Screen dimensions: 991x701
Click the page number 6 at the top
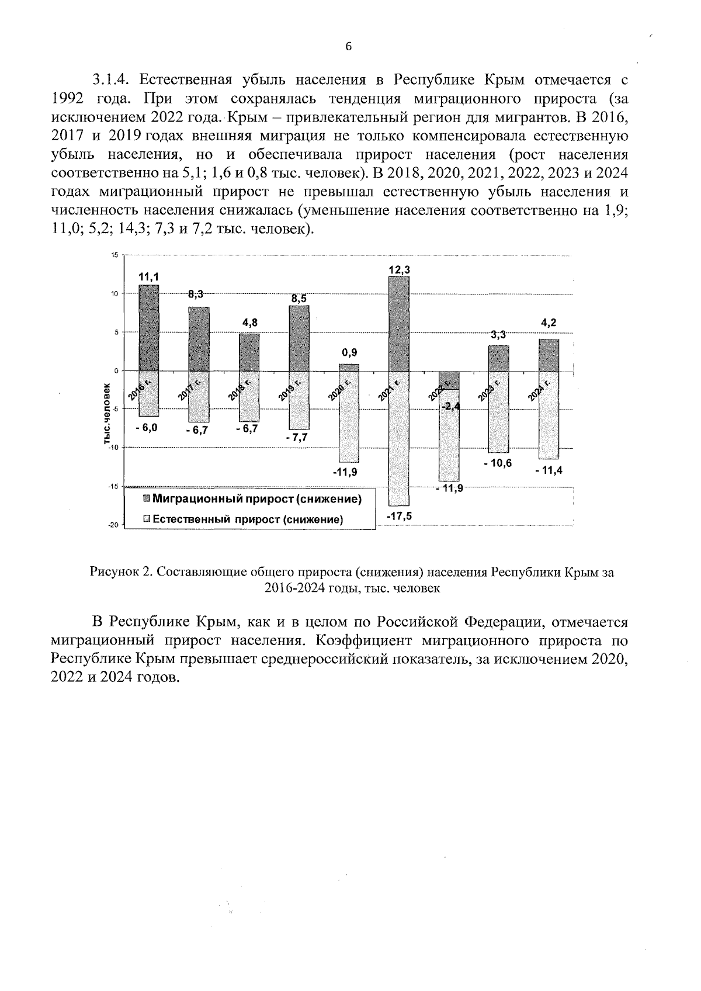pos(348,48)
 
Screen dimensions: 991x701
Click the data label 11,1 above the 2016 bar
pos(148,277)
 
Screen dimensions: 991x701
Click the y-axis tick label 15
pos(114,255)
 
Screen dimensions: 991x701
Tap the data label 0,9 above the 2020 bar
pos(349,353)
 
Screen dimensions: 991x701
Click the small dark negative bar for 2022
pos(449,380)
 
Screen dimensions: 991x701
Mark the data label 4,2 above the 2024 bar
pos(549,323)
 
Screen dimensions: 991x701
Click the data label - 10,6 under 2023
pos(498,463)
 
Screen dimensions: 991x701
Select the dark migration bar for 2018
pos(249,352)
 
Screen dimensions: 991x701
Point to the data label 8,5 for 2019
pos(299,299)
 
